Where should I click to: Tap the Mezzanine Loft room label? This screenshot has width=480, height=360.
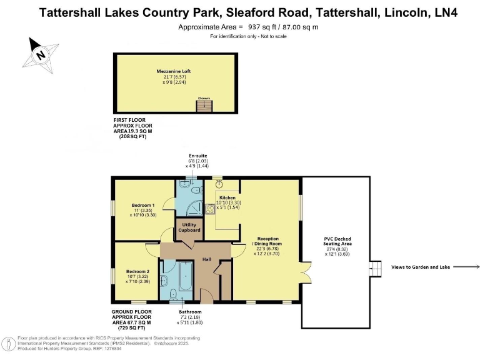173,72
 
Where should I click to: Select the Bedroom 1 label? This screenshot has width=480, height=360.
142,205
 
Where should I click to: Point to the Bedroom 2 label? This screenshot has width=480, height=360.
137,272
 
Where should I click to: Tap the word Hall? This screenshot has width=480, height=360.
206,259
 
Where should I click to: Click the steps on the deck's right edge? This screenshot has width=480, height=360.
376,267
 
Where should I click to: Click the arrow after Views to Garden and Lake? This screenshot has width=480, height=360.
466,267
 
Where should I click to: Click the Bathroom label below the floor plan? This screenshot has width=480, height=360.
191,311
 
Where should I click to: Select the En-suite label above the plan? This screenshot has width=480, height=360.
198,154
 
